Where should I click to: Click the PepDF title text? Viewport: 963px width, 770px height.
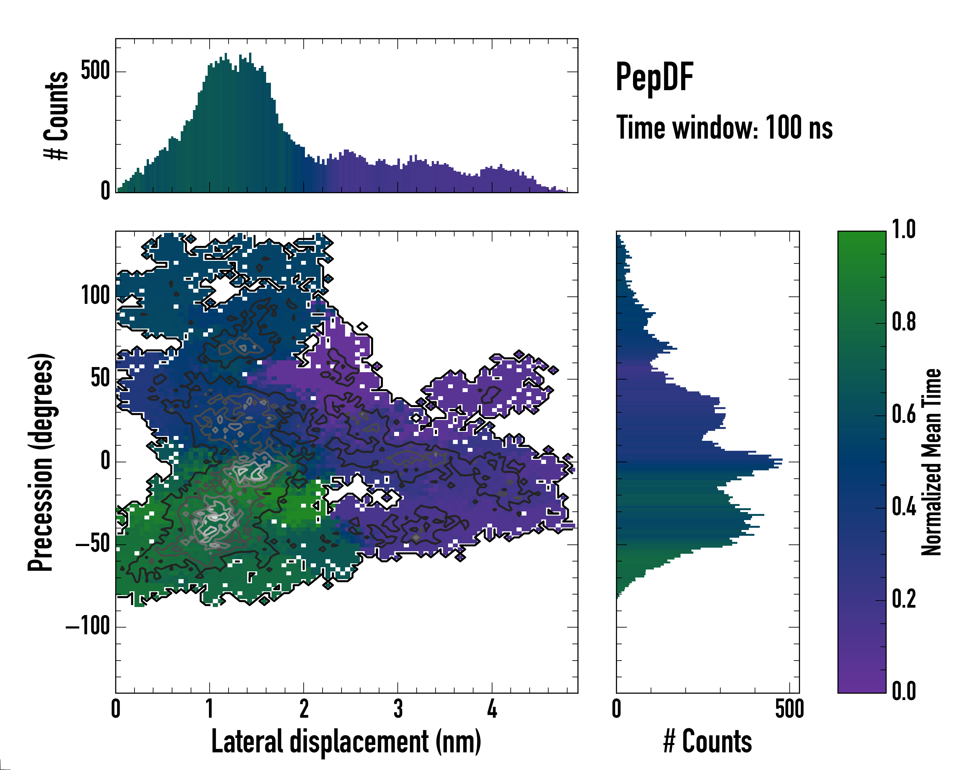click(654, 78)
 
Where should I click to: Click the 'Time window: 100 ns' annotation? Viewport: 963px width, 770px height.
click(724, 128)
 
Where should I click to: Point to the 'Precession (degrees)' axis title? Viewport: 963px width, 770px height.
click(41, 462)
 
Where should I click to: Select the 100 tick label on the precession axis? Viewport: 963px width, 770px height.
click(95, 295)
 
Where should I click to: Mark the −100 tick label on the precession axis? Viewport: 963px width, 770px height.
click(88, 626)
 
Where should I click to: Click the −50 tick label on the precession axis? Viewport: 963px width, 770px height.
click(93, 544)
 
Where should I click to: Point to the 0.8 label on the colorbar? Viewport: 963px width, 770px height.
click(904, 322)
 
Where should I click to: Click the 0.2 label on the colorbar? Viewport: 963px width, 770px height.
click(904, 599)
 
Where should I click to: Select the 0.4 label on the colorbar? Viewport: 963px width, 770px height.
click(904, 507)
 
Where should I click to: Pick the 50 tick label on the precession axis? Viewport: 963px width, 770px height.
click(100, 379)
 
